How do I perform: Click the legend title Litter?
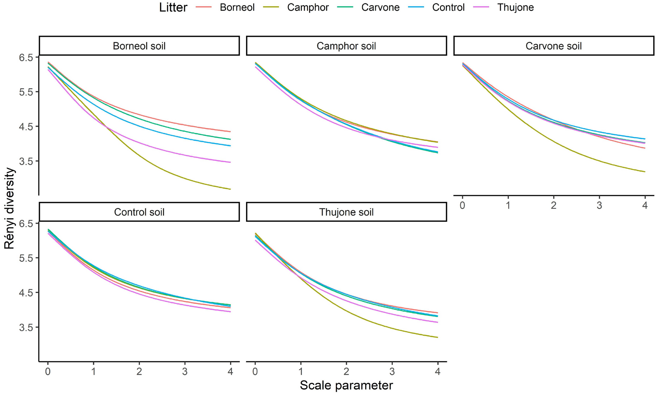tap(173, 7)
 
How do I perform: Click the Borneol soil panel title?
tap(139, 46)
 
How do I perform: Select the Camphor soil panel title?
tap(346, 46)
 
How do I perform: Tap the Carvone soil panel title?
tap(553, 46)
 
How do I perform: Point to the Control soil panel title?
tap(139, 212)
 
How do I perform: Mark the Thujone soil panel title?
tap(346, 212)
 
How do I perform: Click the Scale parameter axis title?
tap(346, 385)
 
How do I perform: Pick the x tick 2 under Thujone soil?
tap(346, 372)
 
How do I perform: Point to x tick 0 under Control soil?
tap(48, 372)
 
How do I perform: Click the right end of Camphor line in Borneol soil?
tap(231, 189)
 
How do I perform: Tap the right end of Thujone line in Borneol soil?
tap(231, 162)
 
